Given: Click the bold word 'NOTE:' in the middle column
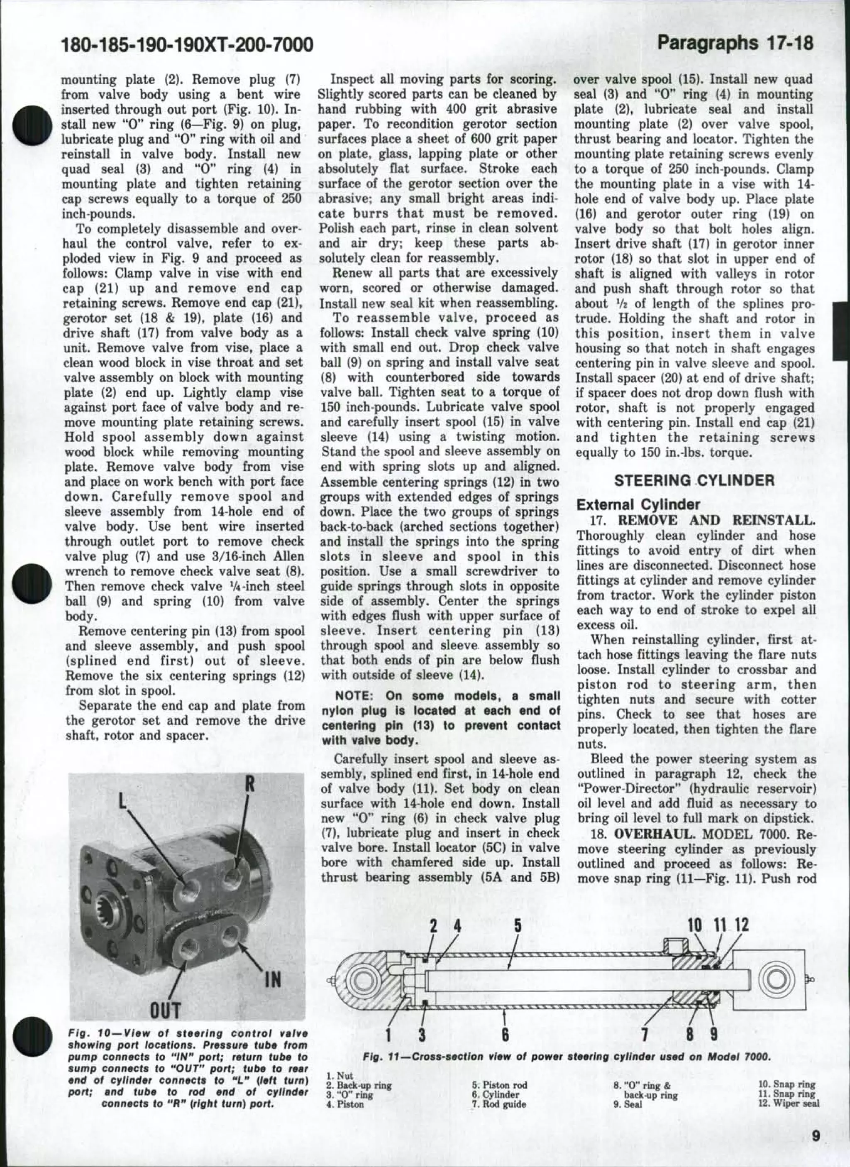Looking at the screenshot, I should pyautogui.click(x=353, y=696).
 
